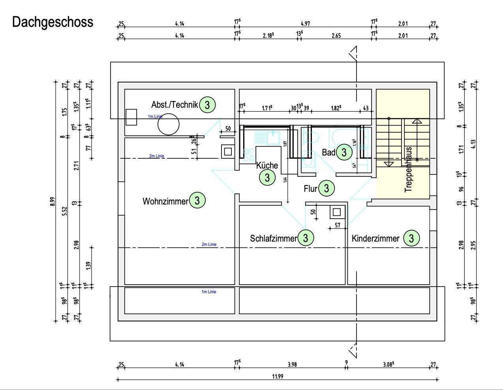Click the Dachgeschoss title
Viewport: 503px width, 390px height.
[53, 22]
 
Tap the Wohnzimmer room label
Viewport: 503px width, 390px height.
[165, 201]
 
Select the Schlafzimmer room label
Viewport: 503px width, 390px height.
[273, 238]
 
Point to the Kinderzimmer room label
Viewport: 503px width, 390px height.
[375, 238]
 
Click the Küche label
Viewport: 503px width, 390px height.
[267, 165]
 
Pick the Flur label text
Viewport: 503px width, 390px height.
[310, 189]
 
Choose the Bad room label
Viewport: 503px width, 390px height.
[328, 152]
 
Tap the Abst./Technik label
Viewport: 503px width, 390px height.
[175, 105]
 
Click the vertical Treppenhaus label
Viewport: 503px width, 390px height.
[408, 170]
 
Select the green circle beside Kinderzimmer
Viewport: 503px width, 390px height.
[411, 238]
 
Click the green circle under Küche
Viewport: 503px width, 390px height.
[267, 178]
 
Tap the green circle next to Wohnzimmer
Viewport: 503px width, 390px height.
[197, 201]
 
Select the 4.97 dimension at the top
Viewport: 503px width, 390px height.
[305, 24]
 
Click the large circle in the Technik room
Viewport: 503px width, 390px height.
[169, 125]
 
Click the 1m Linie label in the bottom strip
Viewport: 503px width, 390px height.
[209, 292]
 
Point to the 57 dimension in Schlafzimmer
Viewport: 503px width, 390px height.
[337, 225]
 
